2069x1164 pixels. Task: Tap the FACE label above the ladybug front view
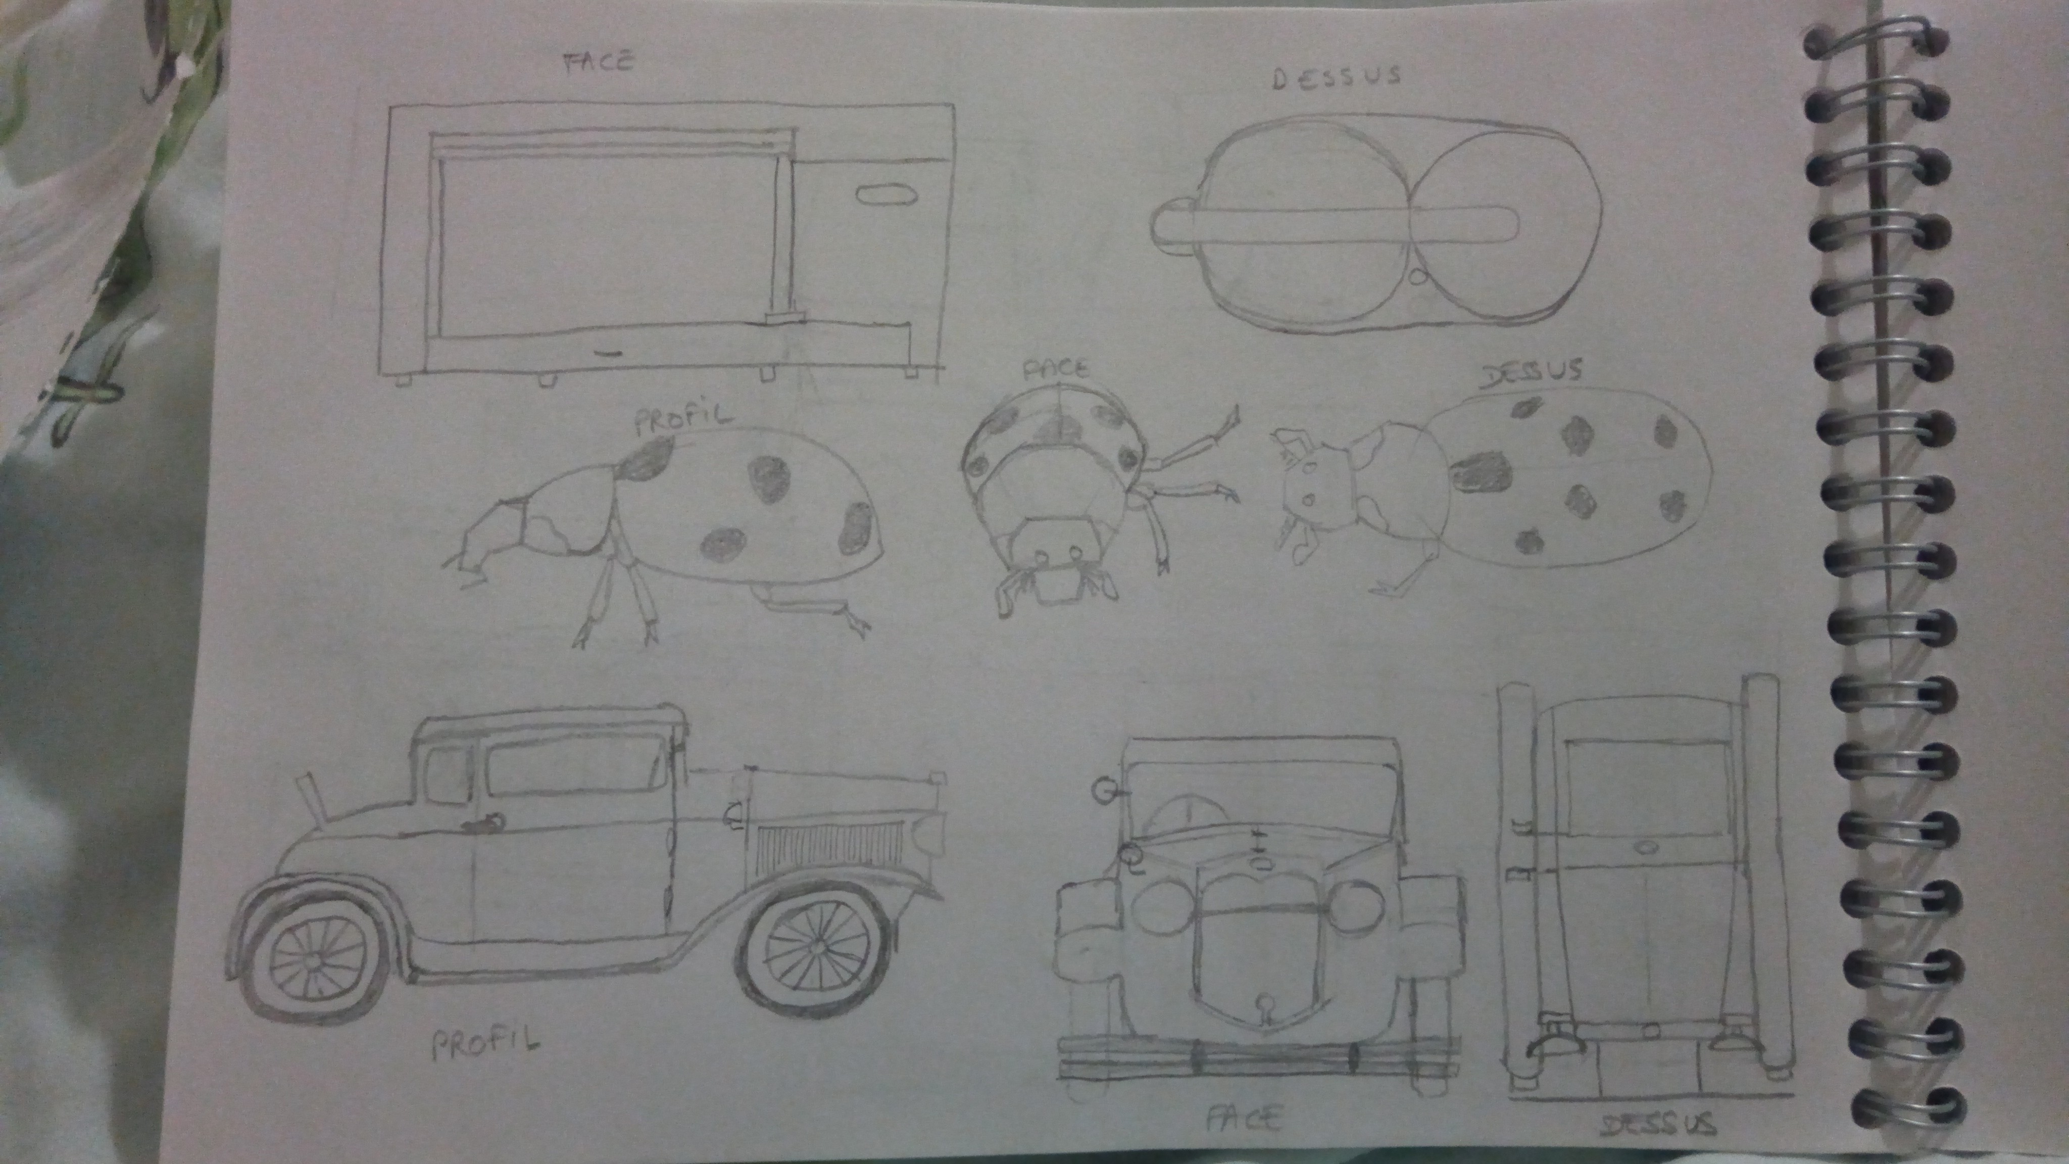click(x=1055, y=369)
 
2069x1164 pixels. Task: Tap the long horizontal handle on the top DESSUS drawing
click(x=1334, y=224)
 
